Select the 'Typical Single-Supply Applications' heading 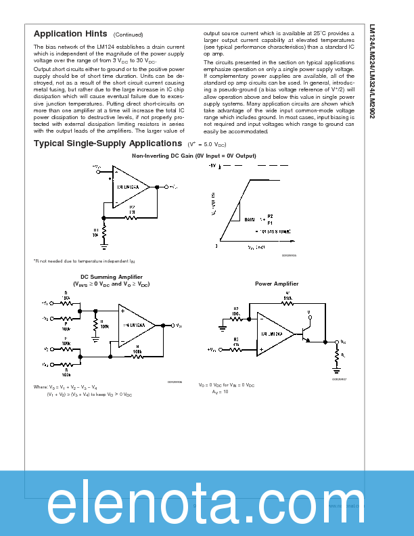click(107, 143)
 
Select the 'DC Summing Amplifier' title click(112, 277)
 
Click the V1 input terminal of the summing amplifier click(45, 303)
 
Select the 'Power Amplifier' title click(277, 284)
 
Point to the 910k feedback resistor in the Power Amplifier click(287, 303)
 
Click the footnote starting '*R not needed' click(85, 261)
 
